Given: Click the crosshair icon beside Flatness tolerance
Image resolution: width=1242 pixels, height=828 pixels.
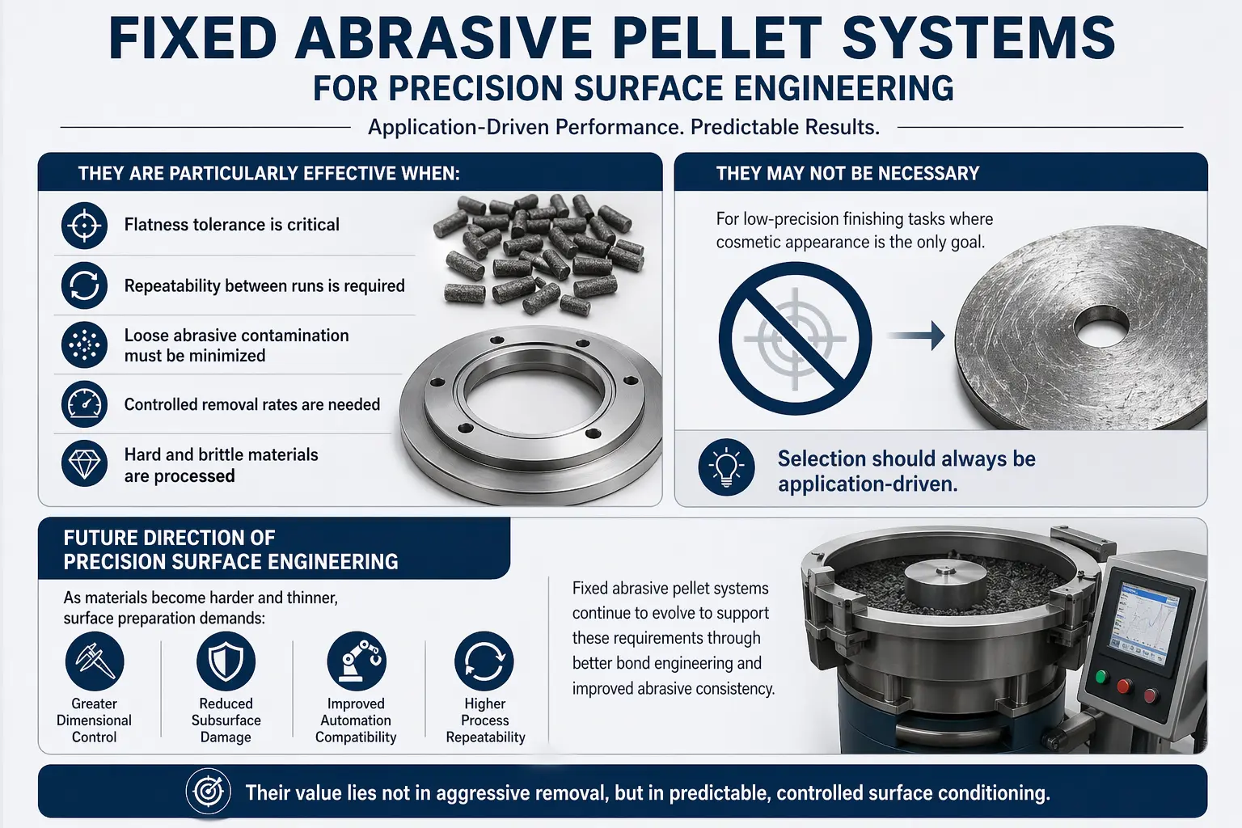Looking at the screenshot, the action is tap(84, 225).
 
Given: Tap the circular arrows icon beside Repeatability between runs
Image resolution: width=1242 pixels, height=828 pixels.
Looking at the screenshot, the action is tap(84, 285).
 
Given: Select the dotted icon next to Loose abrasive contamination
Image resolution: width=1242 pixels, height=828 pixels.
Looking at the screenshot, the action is tap(84, 344).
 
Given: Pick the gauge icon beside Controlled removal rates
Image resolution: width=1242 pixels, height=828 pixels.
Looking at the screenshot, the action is tap(84, 403).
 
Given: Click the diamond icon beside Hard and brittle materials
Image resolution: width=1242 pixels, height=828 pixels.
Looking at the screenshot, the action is tap(84, 463).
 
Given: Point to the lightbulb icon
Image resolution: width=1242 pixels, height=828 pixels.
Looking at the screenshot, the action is tap(726, 467).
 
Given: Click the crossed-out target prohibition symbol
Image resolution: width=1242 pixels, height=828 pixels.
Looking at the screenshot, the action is tap(795, 338).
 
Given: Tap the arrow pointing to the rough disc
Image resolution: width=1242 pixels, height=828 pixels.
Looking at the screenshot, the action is tap(916, 336).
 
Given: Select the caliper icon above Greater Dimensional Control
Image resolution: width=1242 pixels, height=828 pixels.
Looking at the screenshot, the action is tap(95, 661).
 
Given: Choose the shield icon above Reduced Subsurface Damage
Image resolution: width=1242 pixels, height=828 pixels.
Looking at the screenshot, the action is tap(226, 661).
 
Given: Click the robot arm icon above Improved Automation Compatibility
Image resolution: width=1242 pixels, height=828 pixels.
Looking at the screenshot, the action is tap(357, 661).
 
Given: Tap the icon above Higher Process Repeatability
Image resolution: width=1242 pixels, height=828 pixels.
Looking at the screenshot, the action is tap(484, 661).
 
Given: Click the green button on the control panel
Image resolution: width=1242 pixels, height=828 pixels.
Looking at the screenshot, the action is tap(1101, 677).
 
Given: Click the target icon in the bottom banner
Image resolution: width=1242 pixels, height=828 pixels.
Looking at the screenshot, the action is tap(209, 791).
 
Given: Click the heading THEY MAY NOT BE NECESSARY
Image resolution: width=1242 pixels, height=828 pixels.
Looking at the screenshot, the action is tap(847, 174).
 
